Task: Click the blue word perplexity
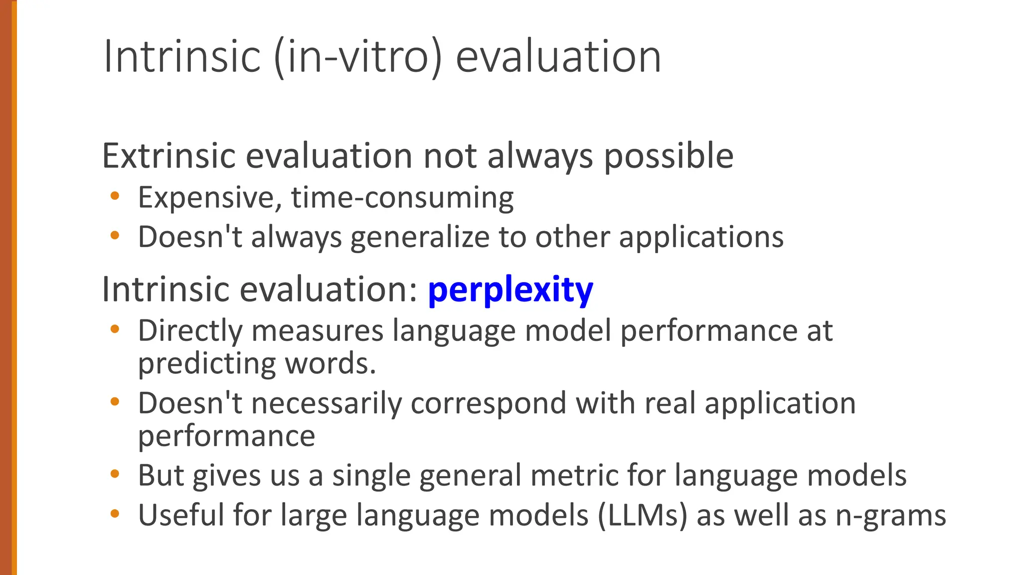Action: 510,290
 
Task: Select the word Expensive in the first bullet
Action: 206,198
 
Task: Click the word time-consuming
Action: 402,198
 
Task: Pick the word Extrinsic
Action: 169,156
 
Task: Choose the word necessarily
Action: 327,404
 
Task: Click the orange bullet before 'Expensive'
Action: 115,196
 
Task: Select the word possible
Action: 669,156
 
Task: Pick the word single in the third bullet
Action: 371,476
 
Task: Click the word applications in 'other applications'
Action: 701,238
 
